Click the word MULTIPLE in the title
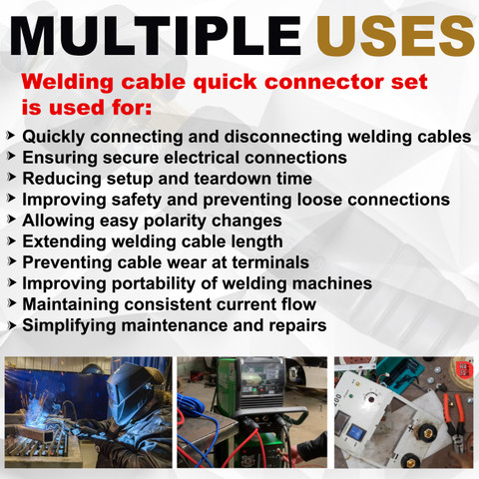coord(156,36)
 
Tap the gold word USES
coord(395,36)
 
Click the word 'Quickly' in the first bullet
coord(54,137)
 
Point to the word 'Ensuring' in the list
coord(60,158)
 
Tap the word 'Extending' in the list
coord(64,241)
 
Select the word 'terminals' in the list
coord(270,262)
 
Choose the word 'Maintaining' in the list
coord(71,305)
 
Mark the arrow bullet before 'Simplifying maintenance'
coord(12,325)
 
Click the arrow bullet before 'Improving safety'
coord(12,199)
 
